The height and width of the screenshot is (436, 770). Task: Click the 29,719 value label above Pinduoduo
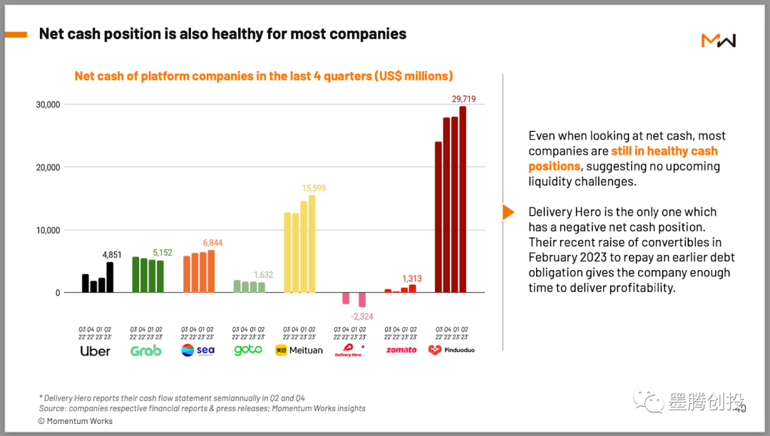point(463,98)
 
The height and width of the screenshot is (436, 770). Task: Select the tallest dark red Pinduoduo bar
point(463,199)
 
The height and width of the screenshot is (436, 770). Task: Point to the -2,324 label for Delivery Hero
point(361,316)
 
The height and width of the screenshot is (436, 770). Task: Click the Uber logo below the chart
point(95,351)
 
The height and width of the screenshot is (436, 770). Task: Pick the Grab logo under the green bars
point(146,351)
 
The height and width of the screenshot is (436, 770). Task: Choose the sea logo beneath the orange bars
point(197,351)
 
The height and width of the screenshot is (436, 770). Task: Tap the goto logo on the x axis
point(248,351)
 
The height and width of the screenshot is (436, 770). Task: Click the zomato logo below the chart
point(401,351)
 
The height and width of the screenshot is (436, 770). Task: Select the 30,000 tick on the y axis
point(48,105)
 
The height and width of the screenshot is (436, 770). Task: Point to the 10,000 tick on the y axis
point(48,230)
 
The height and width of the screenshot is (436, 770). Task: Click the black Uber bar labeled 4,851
point(110,278)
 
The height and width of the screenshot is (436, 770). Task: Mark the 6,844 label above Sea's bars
point(214,243)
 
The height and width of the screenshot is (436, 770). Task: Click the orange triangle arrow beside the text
point(508,212)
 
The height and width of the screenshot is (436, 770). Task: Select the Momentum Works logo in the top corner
point(718,41)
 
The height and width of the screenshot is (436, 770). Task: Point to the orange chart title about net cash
point(264,76)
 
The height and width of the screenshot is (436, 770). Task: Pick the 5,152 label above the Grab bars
point(163,252)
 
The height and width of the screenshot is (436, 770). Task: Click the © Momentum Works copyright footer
point(76,421)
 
